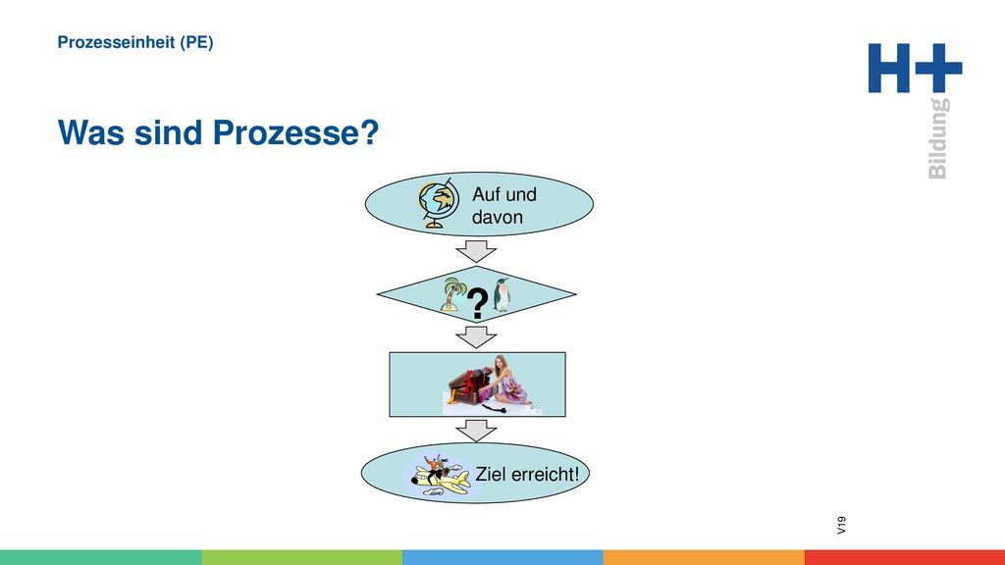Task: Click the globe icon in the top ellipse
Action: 439,203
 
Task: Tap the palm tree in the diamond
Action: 453,294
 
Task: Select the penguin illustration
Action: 502,294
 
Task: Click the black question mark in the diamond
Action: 478,304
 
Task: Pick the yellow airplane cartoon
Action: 440,476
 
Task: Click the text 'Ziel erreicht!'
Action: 527,475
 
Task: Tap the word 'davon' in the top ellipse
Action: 498,217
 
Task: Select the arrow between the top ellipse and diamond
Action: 476,251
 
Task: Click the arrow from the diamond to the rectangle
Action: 476,337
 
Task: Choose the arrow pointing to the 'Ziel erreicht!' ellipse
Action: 476,431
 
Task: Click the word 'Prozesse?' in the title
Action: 295,132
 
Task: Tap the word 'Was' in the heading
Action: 91,132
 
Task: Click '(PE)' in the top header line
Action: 196,42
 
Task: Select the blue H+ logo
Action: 915,68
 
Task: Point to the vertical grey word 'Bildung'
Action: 937,138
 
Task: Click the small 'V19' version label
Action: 841,526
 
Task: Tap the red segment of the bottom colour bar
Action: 904,557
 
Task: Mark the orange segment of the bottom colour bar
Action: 704,557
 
